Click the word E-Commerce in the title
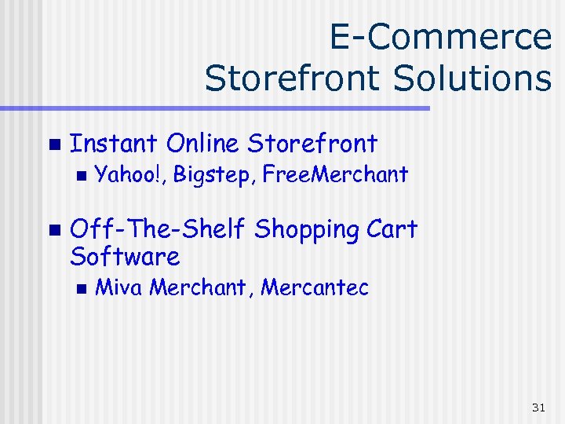click(x=440, y=37)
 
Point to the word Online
click(x=203, y=144)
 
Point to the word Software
click(x=125, y=256)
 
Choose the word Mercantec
click(x=315, y=287)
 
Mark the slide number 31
click(x=538, y=407)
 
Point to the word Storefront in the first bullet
click(x=312, y=144)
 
